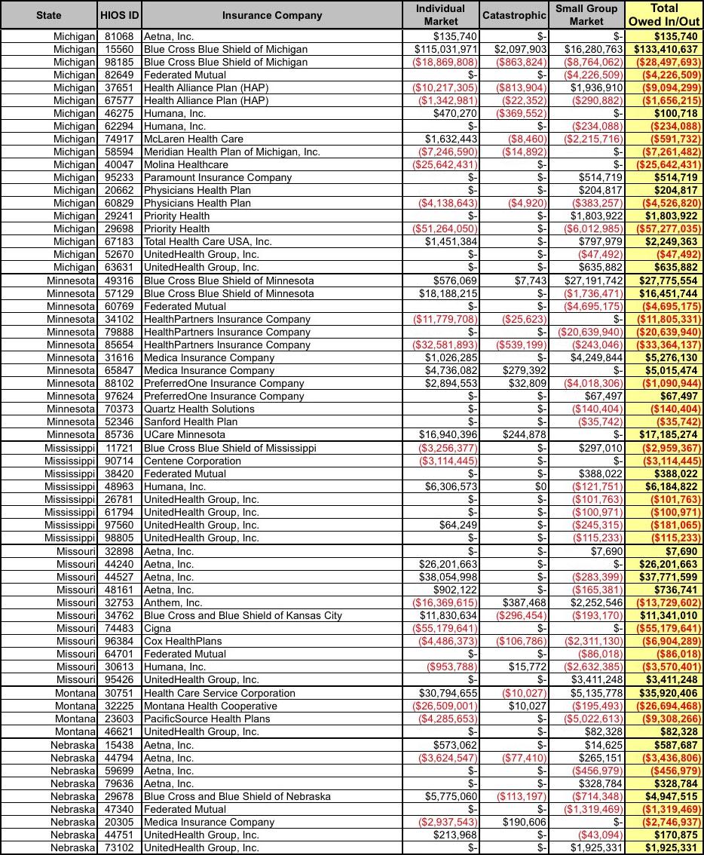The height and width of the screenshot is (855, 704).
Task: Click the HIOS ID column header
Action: click(x=119, y=15)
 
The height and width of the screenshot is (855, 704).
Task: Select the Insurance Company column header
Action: click(x=272, y=15)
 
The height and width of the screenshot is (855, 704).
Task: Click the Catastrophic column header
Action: click(x=513, y=15)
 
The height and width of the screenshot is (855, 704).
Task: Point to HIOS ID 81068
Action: click(x=119, y=36)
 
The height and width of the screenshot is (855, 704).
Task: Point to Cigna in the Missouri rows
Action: click(x=157, y=628)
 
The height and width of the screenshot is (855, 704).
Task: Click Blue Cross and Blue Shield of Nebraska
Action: click(x=237, y=796)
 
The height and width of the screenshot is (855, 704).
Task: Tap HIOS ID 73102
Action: click(x=119, y=847)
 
